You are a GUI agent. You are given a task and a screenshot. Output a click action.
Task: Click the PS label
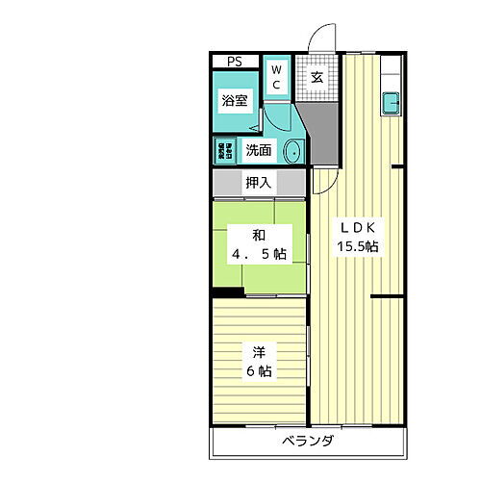pyautogui.click(x=234, y=63)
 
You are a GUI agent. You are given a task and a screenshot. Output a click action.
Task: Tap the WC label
pyautogui.click(x=275, y=76)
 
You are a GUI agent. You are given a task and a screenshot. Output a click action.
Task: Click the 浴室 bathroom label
pyautogui.click(x=235, y=101)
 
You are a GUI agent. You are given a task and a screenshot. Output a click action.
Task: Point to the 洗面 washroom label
pyautogui.click(x=257, y=150)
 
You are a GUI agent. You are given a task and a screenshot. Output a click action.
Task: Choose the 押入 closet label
pyautogui.click(x=258, y=182)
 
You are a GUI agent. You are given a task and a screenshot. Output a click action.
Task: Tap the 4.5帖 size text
pyautogui.click(x=258, y=255)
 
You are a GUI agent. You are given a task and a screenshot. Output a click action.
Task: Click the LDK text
pyautogui.click(x=361, y=227)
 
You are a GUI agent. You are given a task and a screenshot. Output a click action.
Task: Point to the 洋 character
pyautogui.click(x=258, y=351)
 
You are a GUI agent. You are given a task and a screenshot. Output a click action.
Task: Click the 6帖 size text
pyautogui.click(x=258, y=370)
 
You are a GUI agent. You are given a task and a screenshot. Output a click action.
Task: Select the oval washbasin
pyautogui.click(x=292, y=150)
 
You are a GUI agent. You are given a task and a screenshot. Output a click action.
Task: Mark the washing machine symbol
pyautogui.click(x=223, y=149)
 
